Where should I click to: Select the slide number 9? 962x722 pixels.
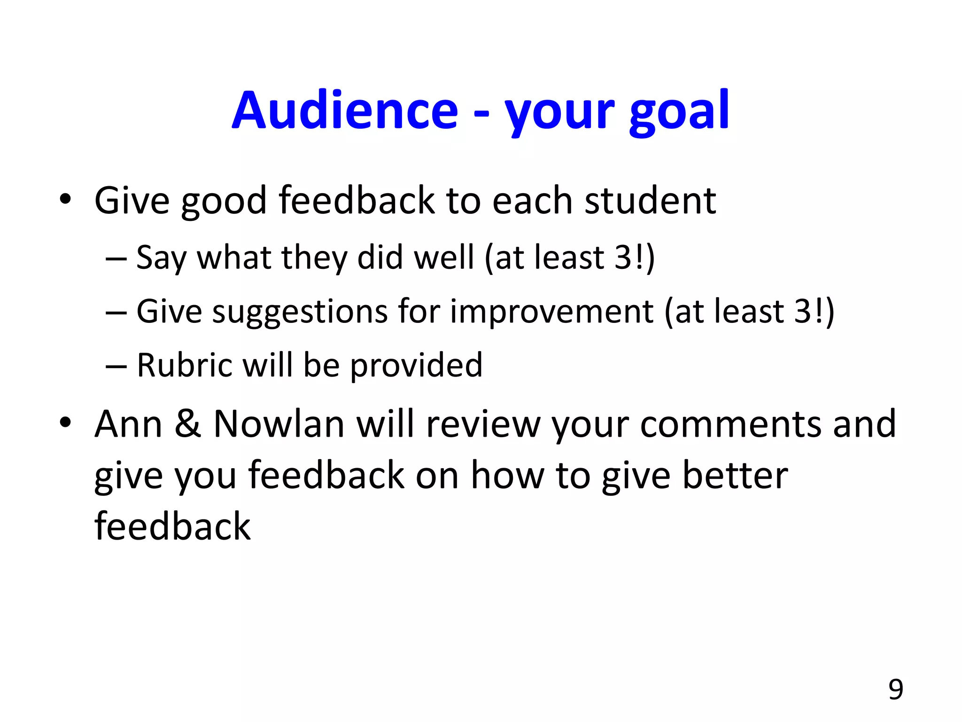(x=895, y=690)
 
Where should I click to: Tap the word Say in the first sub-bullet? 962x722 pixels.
(x=161, y=259)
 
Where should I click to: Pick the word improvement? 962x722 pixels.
(x=551, y=312)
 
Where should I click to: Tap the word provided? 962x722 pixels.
(x=416, y=366)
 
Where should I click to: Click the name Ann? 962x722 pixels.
(x=128, y=424)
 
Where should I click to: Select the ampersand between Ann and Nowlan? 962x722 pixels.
(x=187, y=424)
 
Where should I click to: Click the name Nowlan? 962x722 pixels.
(x=279, y=424)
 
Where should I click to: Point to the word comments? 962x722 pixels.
(x=730, y=424)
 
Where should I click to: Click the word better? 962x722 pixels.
(x=735, y=475)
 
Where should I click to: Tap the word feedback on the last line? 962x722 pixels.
(x=172, y=526)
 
